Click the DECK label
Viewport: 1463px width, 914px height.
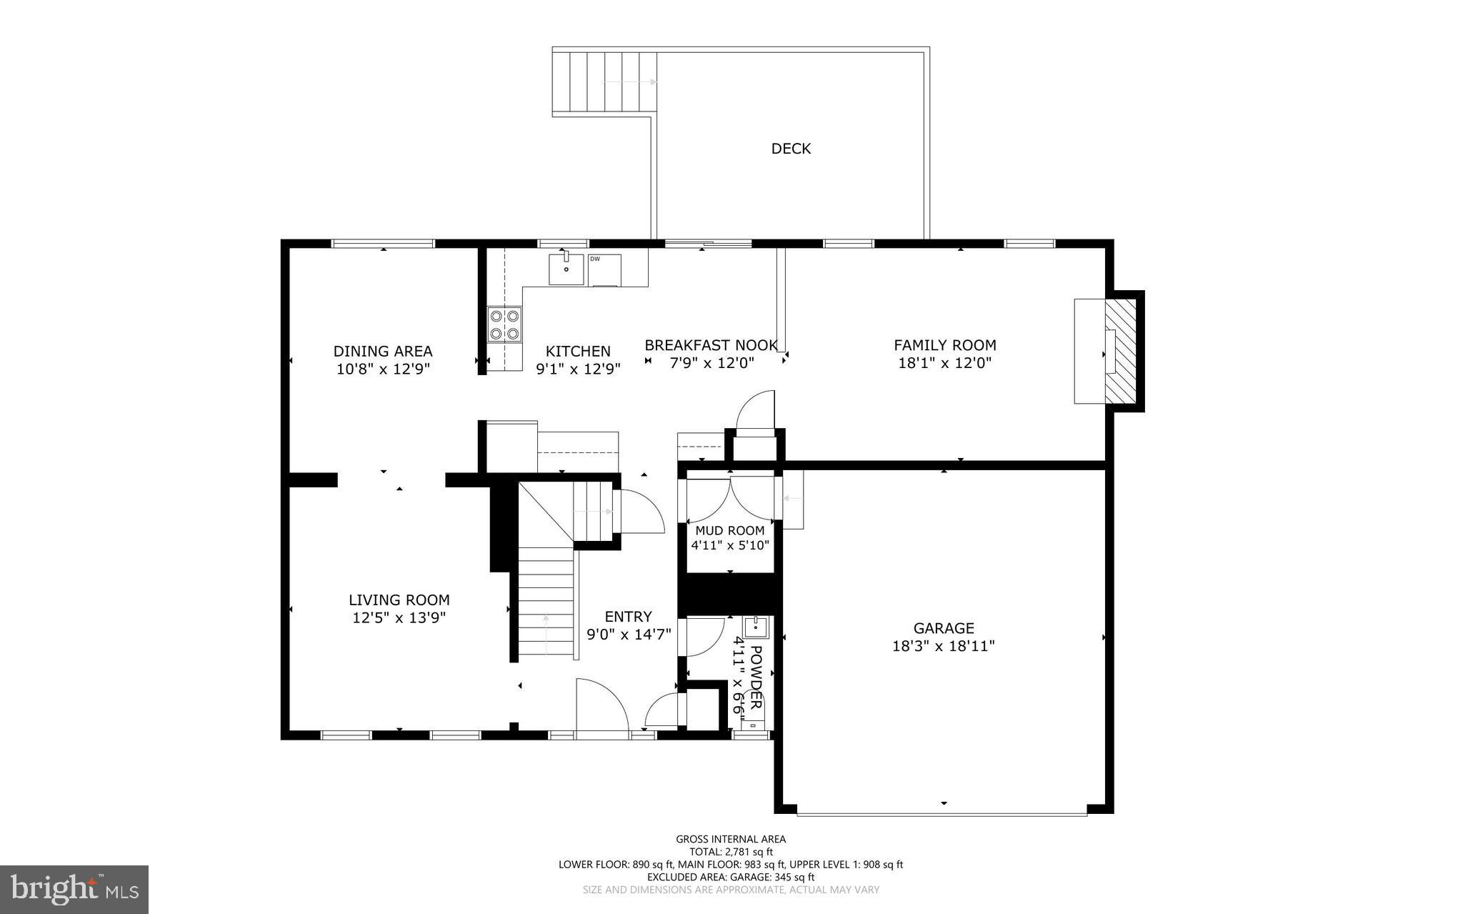point(791,149)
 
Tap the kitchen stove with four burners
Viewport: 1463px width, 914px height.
point(504,324)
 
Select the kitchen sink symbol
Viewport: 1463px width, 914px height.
point(566,269)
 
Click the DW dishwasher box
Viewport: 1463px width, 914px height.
point(604,269)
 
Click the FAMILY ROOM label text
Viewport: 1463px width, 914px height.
point(944,345)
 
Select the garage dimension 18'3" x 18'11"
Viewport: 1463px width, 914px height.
point(943,646)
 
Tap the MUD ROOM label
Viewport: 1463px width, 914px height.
point(729,530)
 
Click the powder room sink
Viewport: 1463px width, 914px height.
point(755,627)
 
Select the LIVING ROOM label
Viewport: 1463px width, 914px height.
point(399,600)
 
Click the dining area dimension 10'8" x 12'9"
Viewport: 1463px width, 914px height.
point(383,369)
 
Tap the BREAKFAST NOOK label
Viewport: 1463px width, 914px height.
point(711,345)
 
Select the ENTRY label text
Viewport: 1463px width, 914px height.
point(628,617)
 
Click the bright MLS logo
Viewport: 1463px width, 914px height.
point(74,889)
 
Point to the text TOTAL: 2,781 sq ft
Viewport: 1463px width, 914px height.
point(730,851)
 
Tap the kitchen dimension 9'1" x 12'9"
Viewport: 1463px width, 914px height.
point(578,369)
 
